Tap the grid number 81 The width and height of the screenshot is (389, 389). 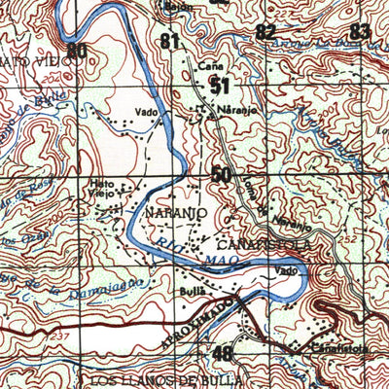pyautogui.click(x=171, y=41)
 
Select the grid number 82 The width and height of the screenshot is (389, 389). pyautogui.click(x=265, y=31)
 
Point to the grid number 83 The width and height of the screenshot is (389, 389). pyautogui.click(x=360, y=31)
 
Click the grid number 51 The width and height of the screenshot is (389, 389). pyautogui.click(x=220, y=87)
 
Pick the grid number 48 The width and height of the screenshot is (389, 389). pyautogui.click(x=223, y=353)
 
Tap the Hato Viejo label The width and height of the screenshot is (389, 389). pyautogui.click(x=102, y=187)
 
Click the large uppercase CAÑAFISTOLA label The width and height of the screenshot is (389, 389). pyautogui.click(x=264, y=244)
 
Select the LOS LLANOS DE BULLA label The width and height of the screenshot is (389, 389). pyautogui.click(x=164, y=379)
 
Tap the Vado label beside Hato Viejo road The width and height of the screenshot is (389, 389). pyautogui.click(x=147, y=112)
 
